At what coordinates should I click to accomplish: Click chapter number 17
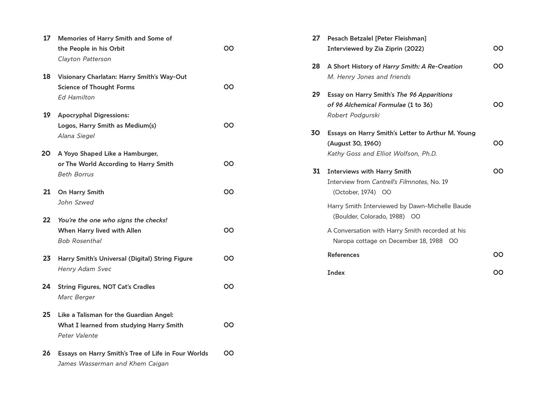tap(47, 38)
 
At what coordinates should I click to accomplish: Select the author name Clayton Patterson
tap(84, 59)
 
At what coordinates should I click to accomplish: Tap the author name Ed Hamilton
tap(76, 97)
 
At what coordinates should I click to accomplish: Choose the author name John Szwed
tap(76, 203)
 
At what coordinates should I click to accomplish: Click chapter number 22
tap(47, 220)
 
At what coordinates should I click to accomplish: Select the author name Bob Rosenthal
tap(80, 241)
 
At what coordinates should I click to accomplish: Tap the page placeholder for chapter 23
tap(228, 258)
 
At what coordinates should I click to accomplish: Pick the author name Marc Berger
tap(76, 297)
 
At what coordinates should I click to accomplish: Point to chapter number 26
tap(46, 353)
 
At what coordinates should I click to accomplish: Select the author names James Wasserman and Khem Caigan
tap(113, 364)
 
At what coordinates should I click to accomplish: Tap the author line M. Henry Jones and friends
tap(369, 77)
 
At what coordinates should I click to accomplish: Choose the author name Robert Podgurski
tap(353, 115)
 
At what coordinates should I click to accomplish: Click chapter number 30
tap(315, 133)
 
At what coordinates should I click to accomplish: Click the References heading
tap(343, 255)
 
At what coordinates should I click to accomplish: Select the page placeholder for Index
tap(498, 273)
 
